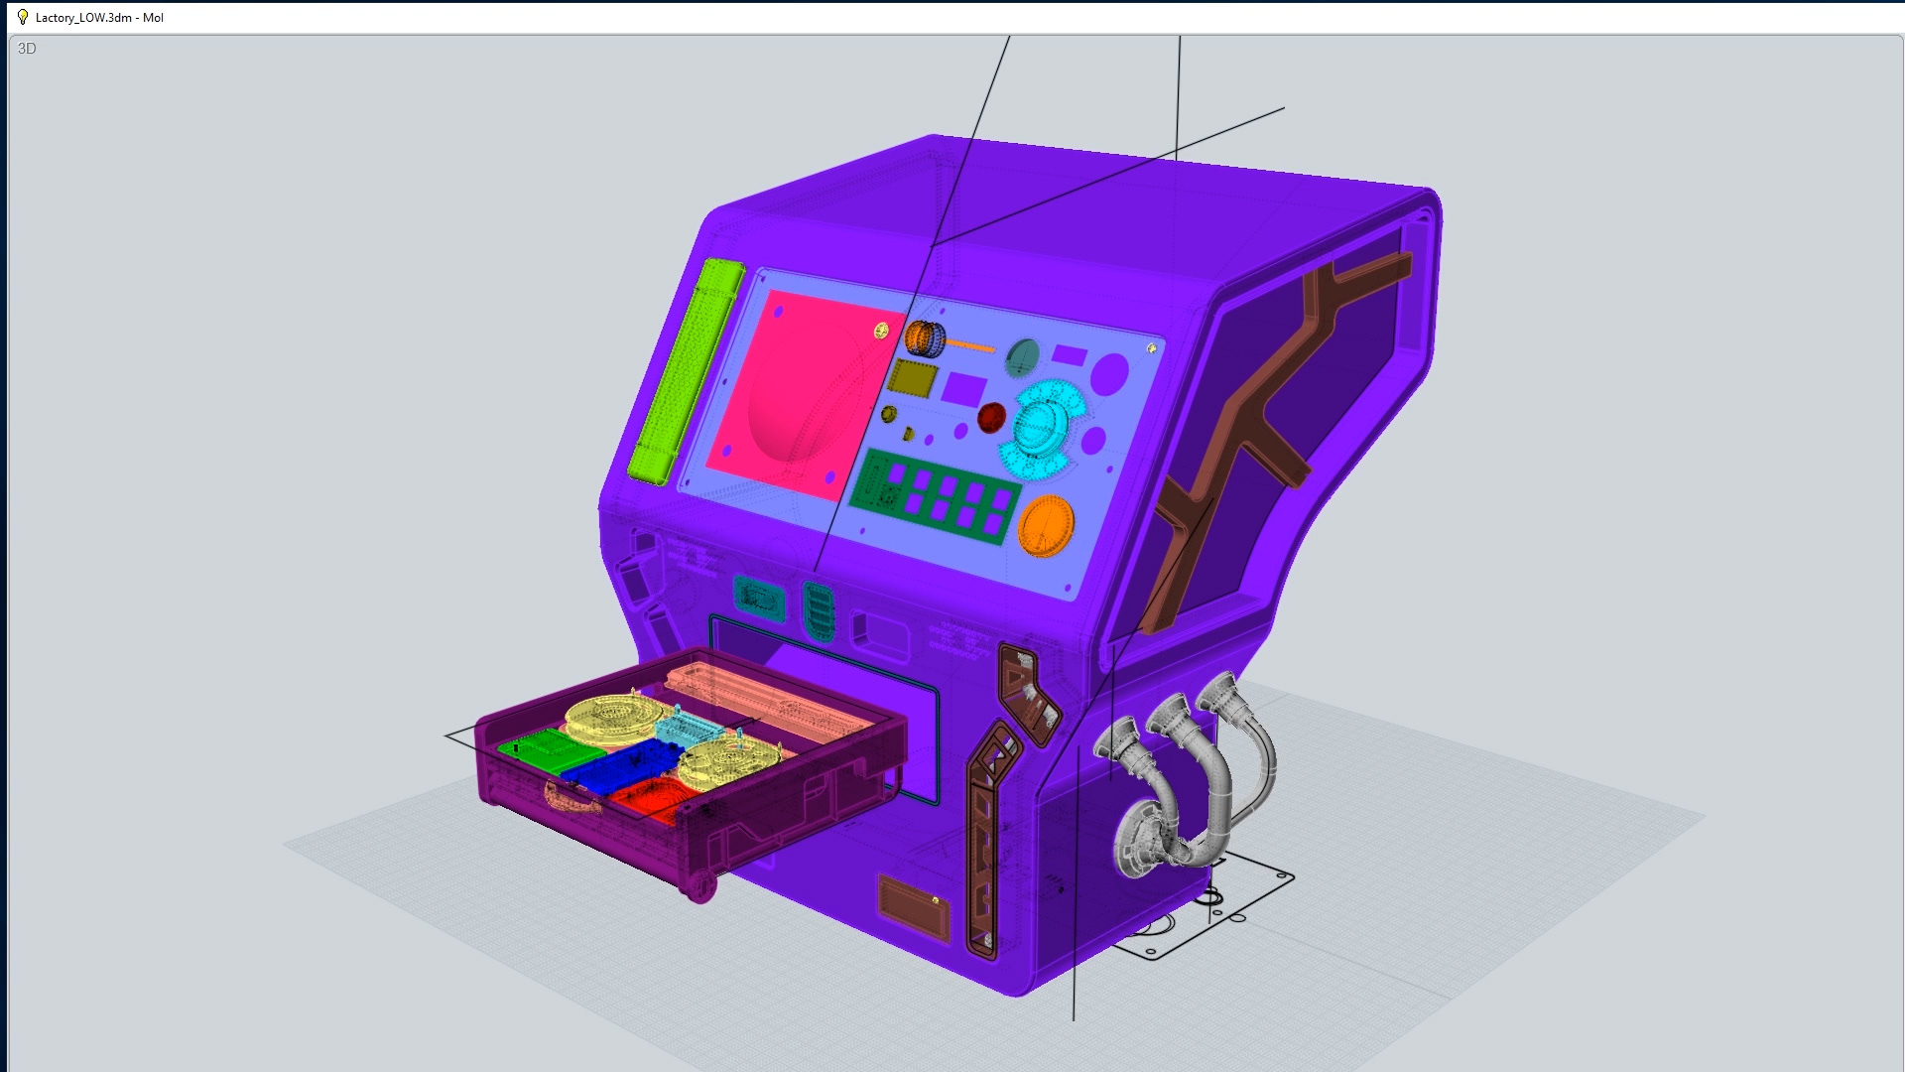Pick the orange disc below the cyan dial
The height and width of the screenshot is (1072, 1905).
[x=1046, y=525]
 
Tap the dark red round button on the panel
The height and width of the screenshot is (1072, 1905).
[x=991, y=417]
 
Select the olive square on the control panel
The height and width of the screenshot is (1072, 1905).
[x=913, y=377]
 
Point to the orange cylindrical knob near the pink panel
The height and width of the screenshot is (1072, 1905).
[x=925, y=338]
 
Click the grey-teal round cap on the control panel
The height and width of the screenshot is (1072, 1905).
[x=1022, y=357]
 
